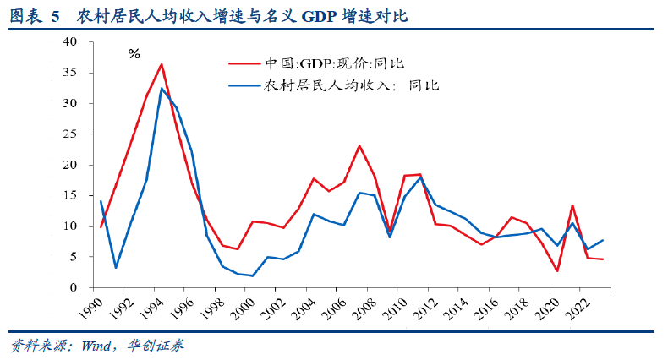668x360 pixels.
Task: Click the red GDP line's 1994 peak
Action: (x=162, y=64)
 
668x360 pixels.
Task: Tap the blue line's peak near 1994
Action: (x=162, y=88)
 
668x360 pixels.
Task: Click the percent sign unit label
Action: (x=134, y=54)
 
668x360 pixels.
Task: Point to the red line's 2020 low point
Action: (x=558, y=271)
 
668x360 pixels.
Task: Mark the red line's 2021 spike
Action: (x=573, y=205)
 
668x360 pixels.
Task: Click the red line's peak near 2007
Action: (x=359, y=145)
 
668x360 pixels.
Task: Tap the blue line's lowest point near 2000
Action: (x=253, y=275)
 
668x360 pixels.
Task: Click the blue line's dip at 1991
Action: (x=116, y=267)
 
